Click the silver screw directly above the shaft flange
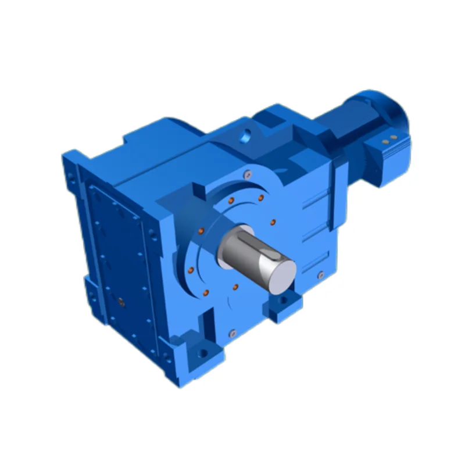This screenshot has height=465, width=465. [x=247, y=173]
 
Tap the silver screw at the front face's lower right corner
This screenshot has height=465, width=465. [x=320, y=275]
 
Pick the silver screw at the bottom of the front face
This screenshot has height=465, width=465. [x=233, y=333]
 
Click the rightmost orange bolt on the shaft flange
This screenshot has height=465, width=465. [x=274, y=221]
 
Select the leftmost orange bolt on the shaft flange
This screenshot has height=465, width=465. [x=191, y=269]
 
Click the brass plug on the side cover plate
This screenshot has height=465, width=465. [x=121, y=301]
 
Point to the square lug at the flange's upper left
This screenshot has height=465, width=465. [x=198, y=189]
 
